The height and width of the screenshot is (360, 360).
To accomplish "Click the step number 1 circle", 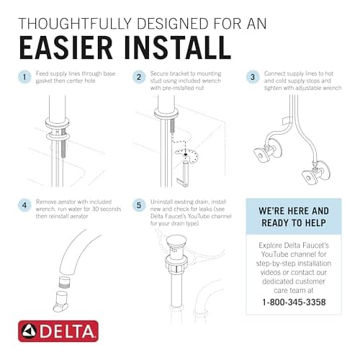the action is (24, 77).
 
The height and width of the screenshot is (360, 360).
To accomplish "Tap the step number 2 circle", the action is (139, 77).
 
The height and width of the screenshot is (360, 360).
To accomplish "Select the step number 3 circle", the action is (253, 77).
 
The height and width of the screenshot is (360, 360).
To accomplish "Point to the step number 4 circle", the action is (24, 206).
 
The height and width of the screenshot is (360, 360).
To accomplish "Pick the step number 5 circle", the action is (139, 206).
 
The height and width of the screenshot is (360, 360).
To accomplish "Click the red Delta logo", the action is (58, 331).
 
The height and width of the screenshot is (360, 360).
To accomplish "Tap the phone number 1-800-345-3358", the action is (294, 302).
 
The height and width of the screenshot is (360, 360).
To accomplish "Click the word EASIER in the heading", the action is (66, 48).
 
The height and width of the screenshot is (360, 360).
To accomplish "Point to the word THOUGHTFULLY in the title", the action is (75, 24).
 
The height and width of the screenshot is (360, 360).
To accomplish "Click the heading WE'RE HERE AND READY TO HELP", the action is (294, 217).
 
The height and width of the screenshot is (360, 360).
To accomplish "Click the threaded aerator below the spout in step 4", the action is (65, 282).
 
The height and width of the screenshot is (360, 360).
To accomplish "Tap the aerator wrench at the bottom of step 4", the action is (62, 302).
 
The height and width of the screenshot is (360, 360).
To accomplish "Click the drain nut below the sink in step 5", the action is (176, 265).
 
